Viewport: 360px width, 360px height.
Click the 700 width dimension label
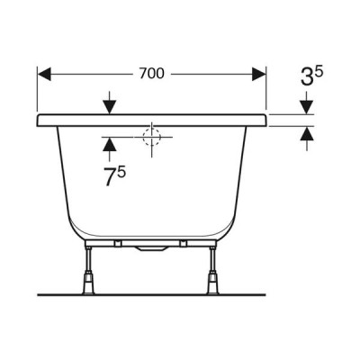(x=152, y=74)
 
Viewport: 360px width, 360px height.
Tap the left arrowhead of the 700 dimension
(x=44, y=74)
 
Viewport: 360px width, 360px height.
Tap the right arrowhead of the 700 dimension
(x=259, y=74)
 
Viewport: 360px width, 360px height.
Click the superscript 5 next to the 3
(x=319, y=73)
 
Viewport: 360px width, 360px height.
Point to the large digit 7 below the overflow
(x=110, y=177)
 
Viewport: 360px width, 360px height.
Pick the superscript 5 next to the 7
(x=121, y=172)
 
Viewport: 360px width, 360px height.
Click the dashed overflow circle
(x=152, y=137)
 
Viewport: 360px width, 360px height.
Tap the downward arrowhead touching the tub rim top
(x=109, y=107)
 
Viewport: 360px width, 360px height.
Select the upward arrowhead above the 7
(x=109, y=144)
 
